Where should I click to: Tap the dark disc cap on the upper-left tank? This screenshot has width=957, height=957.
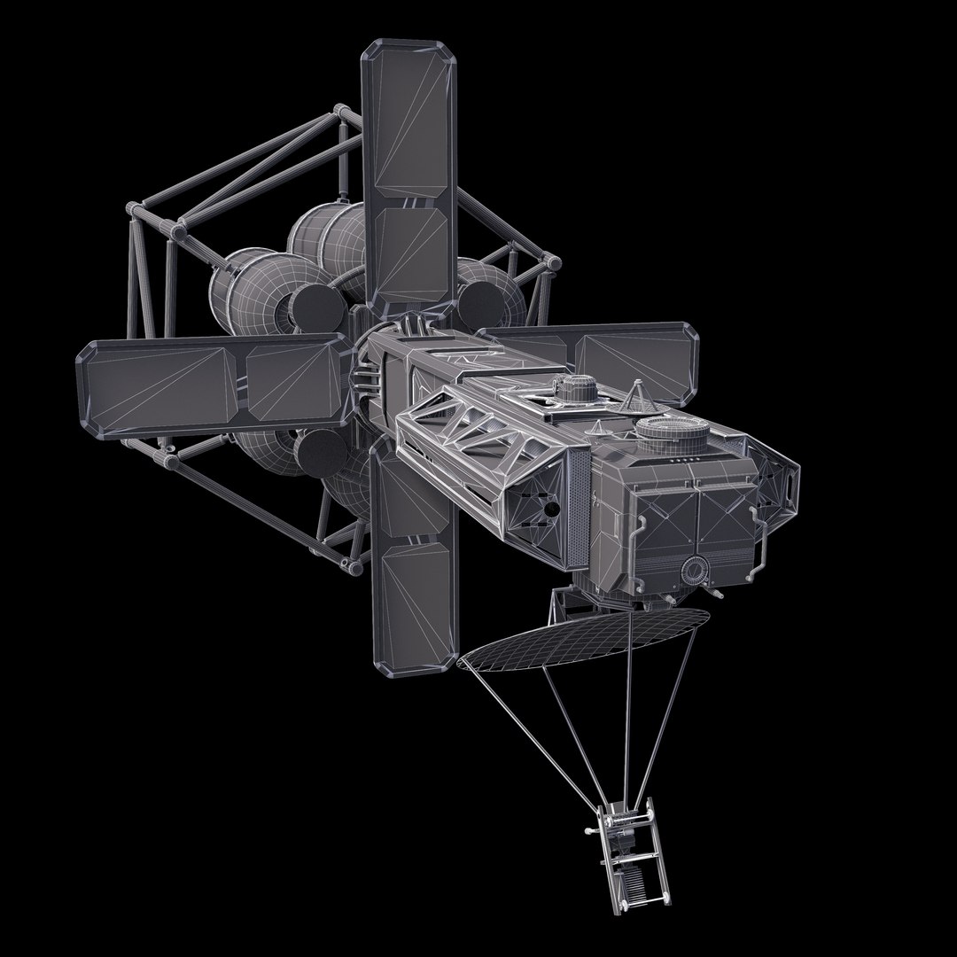point(315,305)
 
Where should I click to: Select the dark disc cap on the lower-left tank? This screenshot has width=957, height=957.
point(315,454)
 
